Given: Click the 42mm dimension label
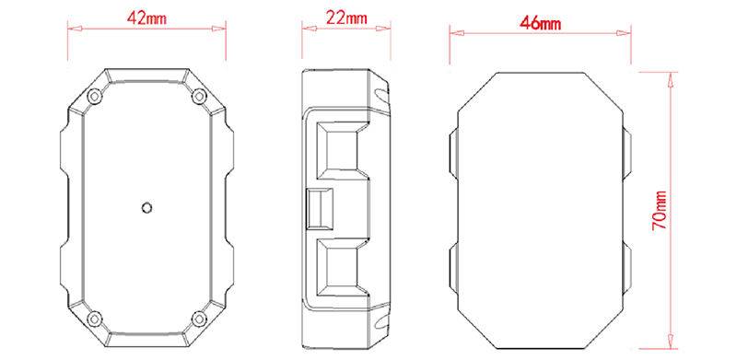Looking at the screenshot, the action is [146, 18].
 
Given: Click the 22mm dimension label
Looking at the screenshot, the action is [346, 18].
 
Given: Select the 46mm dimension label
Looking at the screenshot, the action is [540, 24].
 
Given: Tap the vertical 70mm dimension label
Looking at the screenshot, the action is [659, 210].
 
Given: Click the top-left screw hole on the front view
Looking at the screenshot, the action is [96, 97].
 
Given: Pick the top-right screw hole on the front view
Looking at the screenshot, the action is [199, 97].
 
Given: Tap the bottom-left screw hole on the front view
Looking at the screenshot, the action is [96, 319].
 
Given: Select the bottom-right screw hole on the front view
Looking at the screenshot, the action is [199, 319].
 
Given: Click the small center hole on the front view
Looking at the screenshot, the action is [146, 207].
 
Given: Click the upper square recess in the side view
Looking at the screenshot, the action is [341, 150].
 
